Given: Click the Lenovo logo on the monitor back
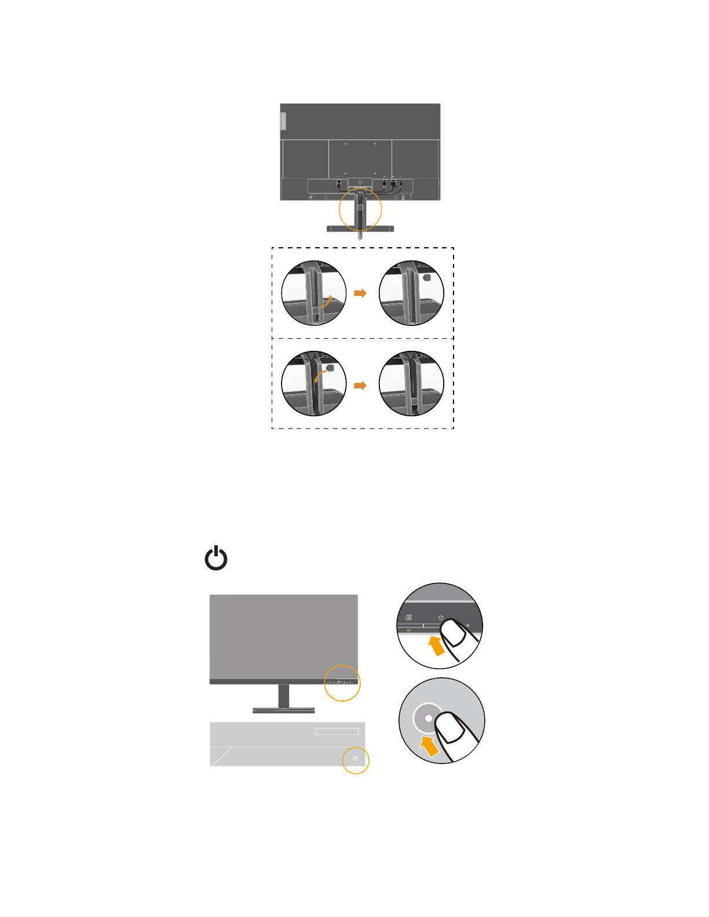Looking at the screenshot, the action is pyautogui.click(x=283, y=121).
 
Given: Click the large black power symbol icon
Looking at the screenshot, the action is pyautogui.click(x=216, y=559).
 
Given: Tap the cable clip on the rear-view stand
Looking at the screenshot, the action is pyautogui.click(x=360, y=207).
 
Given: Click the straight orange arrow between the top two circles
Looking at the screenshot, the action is pyautogui.click(x=360, y=293).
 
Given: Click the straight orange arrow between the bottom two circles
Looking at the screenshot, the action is pyautogui.click(x=360, y=386).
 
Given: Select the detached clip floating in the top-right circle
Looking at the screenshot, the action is pyautogui.click(x=427, y=277).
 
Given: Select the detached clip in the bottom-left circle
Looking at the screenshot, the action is pyautogui.click(x=330, y=367).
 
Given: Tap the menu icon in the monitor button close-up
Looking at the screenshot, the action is pyautogui.click(x=409, y=618).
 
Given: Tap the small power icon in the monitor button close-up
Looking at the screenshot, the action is pyautogui.click(x=441, y=618).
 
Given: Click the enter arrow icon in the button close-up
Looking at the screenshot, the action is pyautogui.click(x=409, y=630).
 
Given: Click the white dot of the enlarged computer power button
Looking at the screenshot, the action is pyautogui.click(x=429, y=718).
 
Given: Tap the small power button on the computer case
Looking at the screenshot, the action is pyautogui.click(x=356, y=758).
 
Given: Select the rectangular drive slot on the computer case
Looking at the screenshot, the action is pyautogui.click(x=337, y=732).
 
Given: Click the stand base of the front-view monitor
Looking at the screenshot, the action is pyautogui.click(x=284, y=710).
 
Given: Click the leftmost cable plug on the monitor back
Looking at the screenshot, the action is pyautogui.click(x=339, y=184).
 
